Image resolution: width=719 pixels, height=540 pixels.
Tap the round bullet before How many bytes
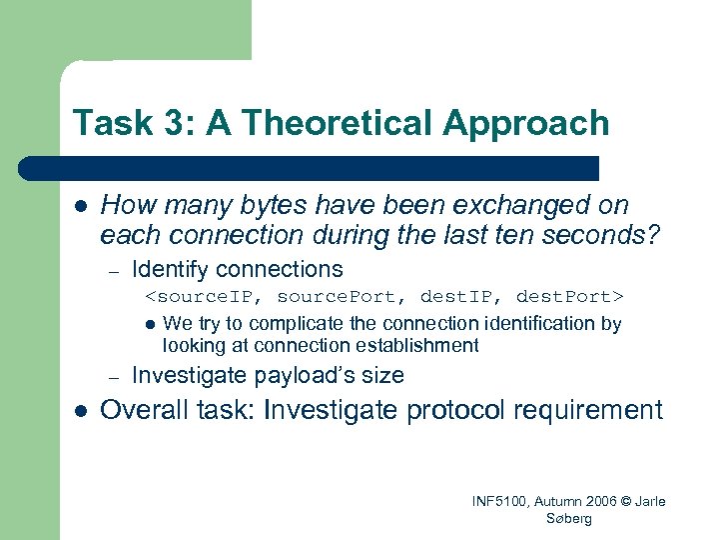pos(81,206)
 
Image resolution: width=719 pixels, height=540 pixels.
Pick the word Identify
pos(171,269)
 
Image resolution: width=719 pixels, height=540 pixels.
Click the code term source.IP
pos(206,297)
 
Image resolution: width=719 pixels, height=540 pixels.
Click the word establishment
pos(418,345)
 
